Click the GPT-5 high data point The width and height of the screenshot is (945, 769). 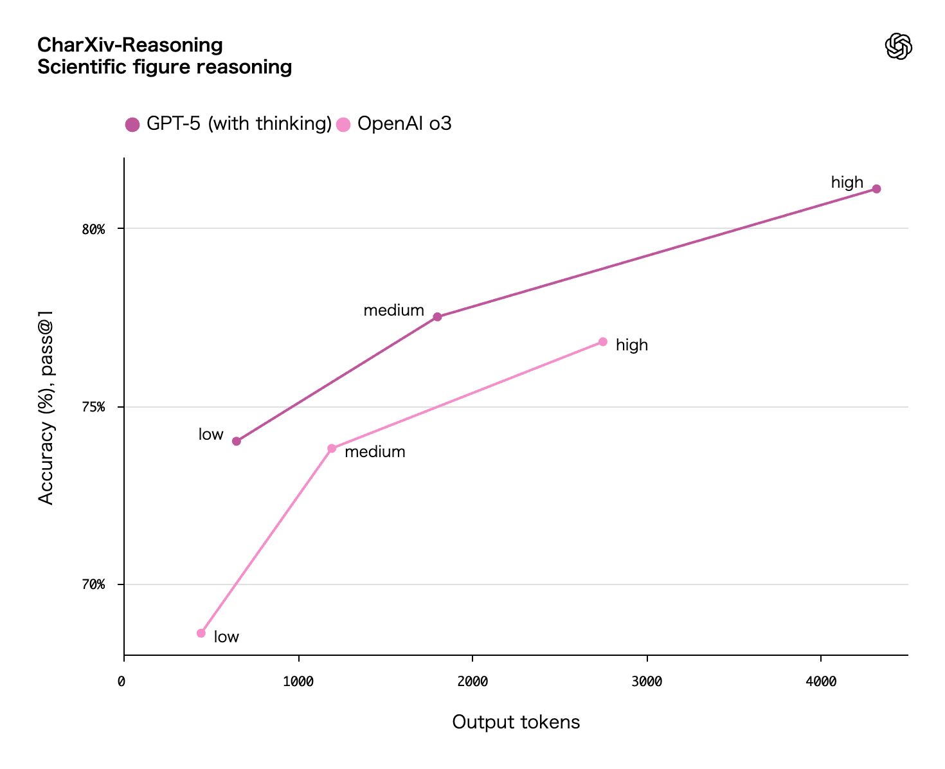click(x=876, y=189)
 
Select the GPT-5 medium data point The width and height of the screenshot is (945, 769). click(x=438, y=317)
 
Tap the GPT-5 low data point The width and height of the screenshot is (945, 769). click(x=237, y=441)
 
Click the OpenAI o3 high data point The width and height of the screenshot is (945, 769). click(x=603, y=342)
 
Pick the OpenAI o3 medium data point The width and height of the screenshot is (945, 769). click(x=332, y=449)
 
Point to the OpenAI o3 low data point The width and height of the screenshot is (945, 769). click(x=201, y=633)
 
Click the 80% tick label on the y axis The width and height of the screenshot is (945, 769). click(x=93, y=230)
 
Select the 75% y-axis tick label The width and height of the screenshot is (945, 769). click(x=93, y=408)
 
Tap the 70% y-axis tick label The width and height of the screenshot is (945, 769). click(x=93, y=585)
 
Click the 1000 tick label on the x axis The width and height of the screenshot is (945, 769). click(x=298, y=682)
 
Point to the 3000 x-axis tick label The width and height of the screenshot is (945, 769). click(x=647, y=682)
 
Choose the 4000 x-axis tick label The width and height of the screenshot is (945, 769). click(x=821, y=682)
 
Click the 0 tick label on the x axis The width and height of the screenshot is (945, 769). click(x=122, y=682)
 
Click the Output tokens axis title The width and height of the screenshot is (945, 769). click(x=516, y=722)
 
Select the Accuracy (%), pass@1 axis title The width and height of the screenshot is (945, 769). click(x=46, y=408)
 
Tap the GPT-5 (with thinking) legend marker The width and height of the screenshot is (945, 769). click(x=132, y=125)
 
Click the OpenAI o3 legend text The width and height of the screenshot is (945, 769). click(x=404, y=123)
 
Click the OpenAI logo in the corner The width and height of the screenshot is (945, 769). click(x=898, y=46)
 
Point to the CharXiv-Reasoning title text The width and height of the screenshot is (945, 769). click(x=130, y=45)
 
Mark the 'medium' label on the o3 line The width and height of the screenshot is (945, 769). click(x=375, y=452)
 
